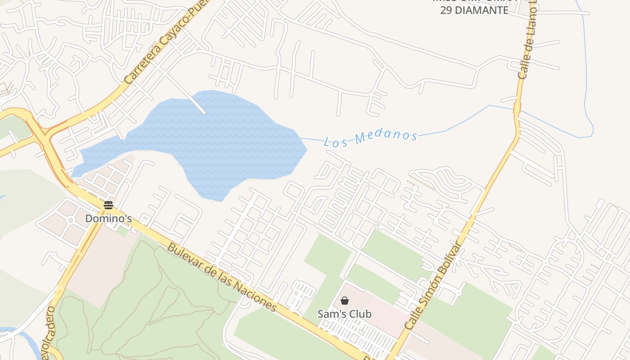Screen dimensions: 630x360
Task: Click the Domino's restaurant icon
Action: coord(108,205)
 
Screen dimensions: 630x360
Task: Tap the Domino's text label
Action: coord(108,219)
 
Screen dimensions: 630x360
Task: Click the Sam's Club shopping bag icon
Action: coord(345,301)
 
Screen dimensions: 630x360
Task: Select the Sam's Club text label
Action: coord(345,314)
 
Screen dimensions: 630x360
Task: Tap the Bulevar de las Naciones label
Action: coord(222,278)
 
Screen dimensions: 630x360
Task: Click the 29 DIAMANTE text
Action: coord(474,10)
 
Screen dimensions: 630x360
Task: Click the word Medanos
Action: coord(386,136)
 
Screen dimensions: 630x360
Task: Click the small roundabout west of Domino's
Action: coord(70,220)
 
